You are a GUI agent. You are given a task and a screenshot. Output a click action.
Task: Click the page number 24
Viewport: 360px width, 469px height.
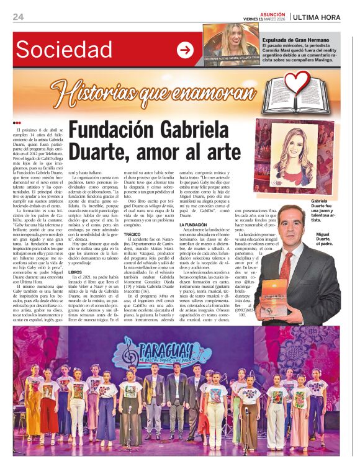point(18,17)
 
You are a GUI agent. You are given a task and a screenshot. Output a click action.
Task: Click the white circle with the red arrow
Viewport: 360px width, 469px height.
point(185,50)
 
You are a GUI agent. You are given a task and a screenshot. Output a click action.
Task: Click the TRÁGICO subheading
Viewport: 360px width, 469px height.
point(132,234)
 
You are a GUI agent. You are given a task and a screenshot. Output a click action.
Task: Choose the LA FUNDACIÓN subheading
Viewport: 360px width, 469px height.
point(192,225)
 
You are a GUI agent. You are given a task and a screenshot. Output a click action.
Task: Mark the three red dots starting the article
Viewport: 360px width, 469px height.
point(17,123)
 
